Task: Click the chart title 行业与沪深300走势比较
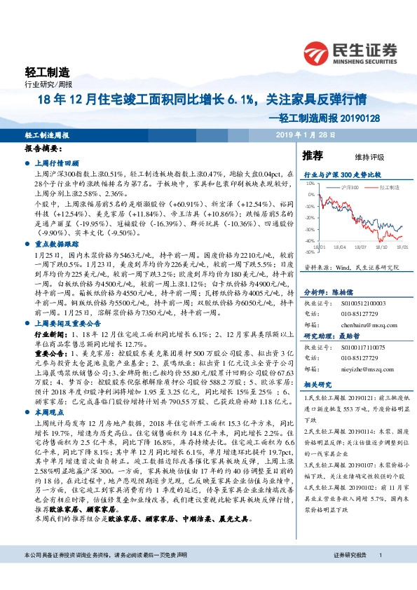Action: tap(341, 173)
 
